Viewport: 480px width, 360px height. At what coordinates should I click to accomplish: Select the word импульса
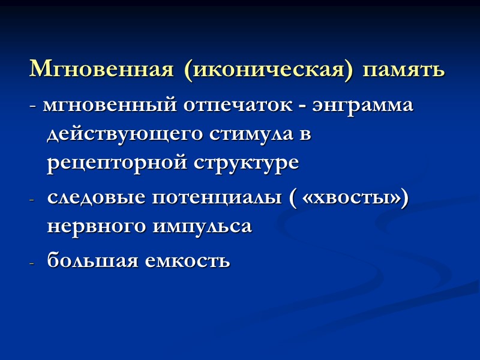coord(199,227)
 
